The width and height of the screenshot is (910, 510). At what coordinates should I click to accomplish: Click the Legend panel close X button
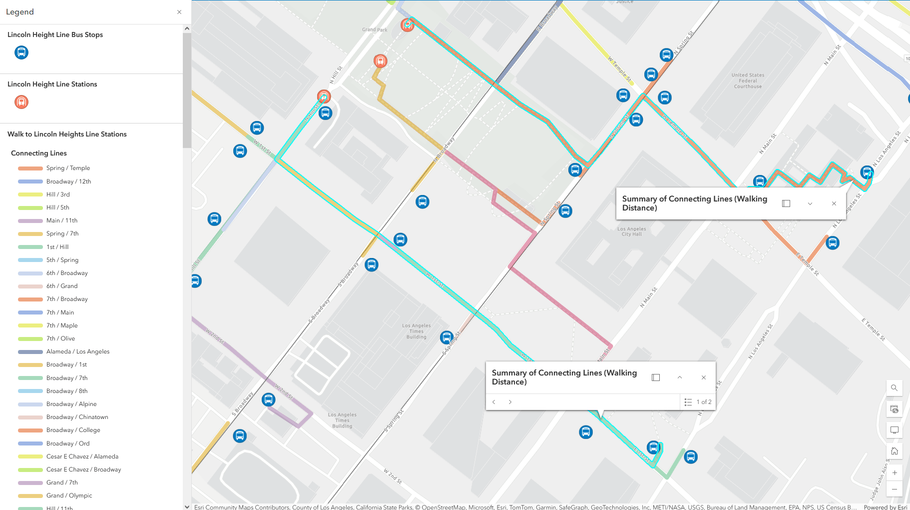(179, 12)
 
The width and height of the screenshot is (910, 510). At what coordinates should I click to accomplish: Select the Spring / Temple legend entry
(68, 168)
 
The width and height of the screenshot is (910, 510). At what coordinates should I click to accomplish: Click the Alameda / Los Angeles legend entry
(77, 351)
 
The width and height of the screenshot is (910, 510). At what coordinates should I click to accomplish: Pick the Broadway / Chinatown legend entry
(77, 417)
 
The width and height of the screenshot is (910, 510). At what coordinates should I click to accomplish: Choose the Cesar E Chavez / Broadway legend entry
(83, 469)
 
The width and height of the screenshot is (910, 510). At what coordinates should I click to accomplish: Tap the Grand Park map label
(375, 29)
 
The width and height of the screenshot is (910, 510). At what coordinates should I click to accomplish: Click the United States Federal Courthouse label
(748, 81)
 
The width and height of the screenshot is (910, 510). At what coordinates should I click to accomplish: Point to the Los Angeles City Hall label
(631, 231)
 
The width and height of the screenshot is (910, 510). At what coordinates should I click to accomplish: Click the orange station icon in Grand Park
(381, 61)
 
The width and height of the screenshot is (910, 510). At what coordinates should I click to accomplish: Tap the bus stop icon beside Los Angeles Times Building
(447, 337)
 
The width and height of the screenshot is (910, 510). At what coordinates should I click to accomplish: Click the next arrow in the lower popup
(510, 402)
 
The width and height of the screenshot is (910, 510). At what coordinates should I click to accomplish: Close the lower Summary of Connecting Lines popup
(703, 377)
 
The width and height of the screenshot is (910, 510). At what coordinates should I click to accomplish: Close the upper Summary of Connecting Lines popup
(834, 203)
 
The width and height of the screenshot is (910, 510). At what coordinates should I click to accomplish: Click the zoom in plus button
(894, 472)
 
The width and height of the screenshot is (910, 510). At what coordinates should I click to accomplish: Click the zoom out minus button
(894, 489)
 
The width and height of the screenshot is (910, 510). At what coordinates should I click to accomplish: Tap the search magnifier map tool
(894, 387)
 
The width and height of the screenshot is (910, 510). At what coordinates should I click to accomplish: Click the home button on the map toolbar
(894, 451)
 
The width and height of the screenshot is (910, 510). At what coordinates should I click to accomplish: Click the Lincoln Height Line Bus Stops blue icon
(21, 52)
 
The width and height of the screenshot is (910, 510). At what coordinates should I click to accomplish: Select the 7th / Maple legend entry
(62, 325)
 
